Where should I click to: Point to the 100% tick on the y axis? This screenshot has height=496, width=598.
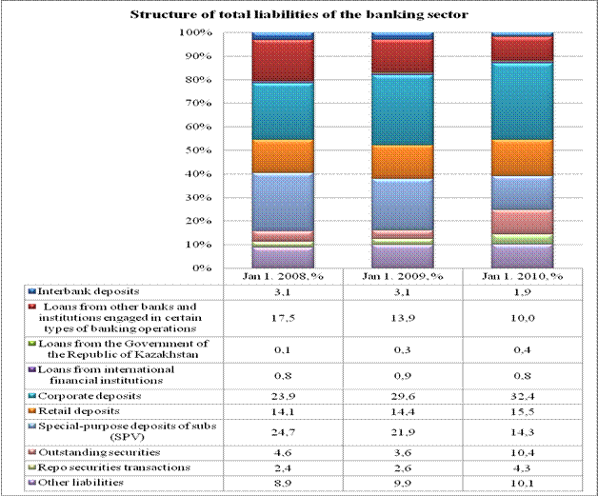tap(194, 33)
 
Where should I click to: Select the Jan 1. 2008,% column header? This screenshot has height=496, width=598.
tap(282, 276)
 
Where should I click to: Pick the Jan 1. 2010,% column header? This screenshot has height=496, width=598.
tap(521, 276)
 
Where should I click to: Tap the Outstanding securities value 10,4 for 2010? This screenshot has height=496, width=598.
tap(521, 451)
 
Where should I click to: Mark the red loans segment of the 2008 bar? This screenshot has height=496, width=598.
tap(282, 60)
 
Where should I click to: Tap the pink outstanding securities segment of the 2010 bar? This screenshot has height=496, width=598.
tap(521, 221)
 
